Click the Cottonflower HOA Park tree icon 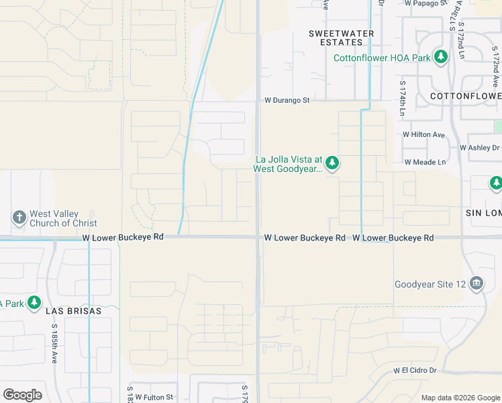(441, 58)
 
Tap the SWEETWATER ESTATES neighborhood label (336, 38)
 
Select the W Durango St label (286, 100)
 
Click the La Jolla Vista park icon (332, 163)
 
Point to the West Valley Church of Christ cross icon (19, 217)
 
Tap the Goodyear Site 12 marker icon (476, 284)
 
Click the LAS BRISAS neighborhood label (73, 312)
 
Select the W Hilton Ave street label (423, 134)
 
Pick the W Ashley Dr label (479, 148)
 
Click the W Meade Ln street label (425, 162)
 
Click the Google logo (22, 394)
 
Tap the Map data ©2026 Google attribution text (460, 398)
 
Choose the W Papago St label (426, 3)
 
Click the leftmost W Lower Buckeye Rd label (123, 237)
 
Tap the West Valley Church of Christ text (64, 218)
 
